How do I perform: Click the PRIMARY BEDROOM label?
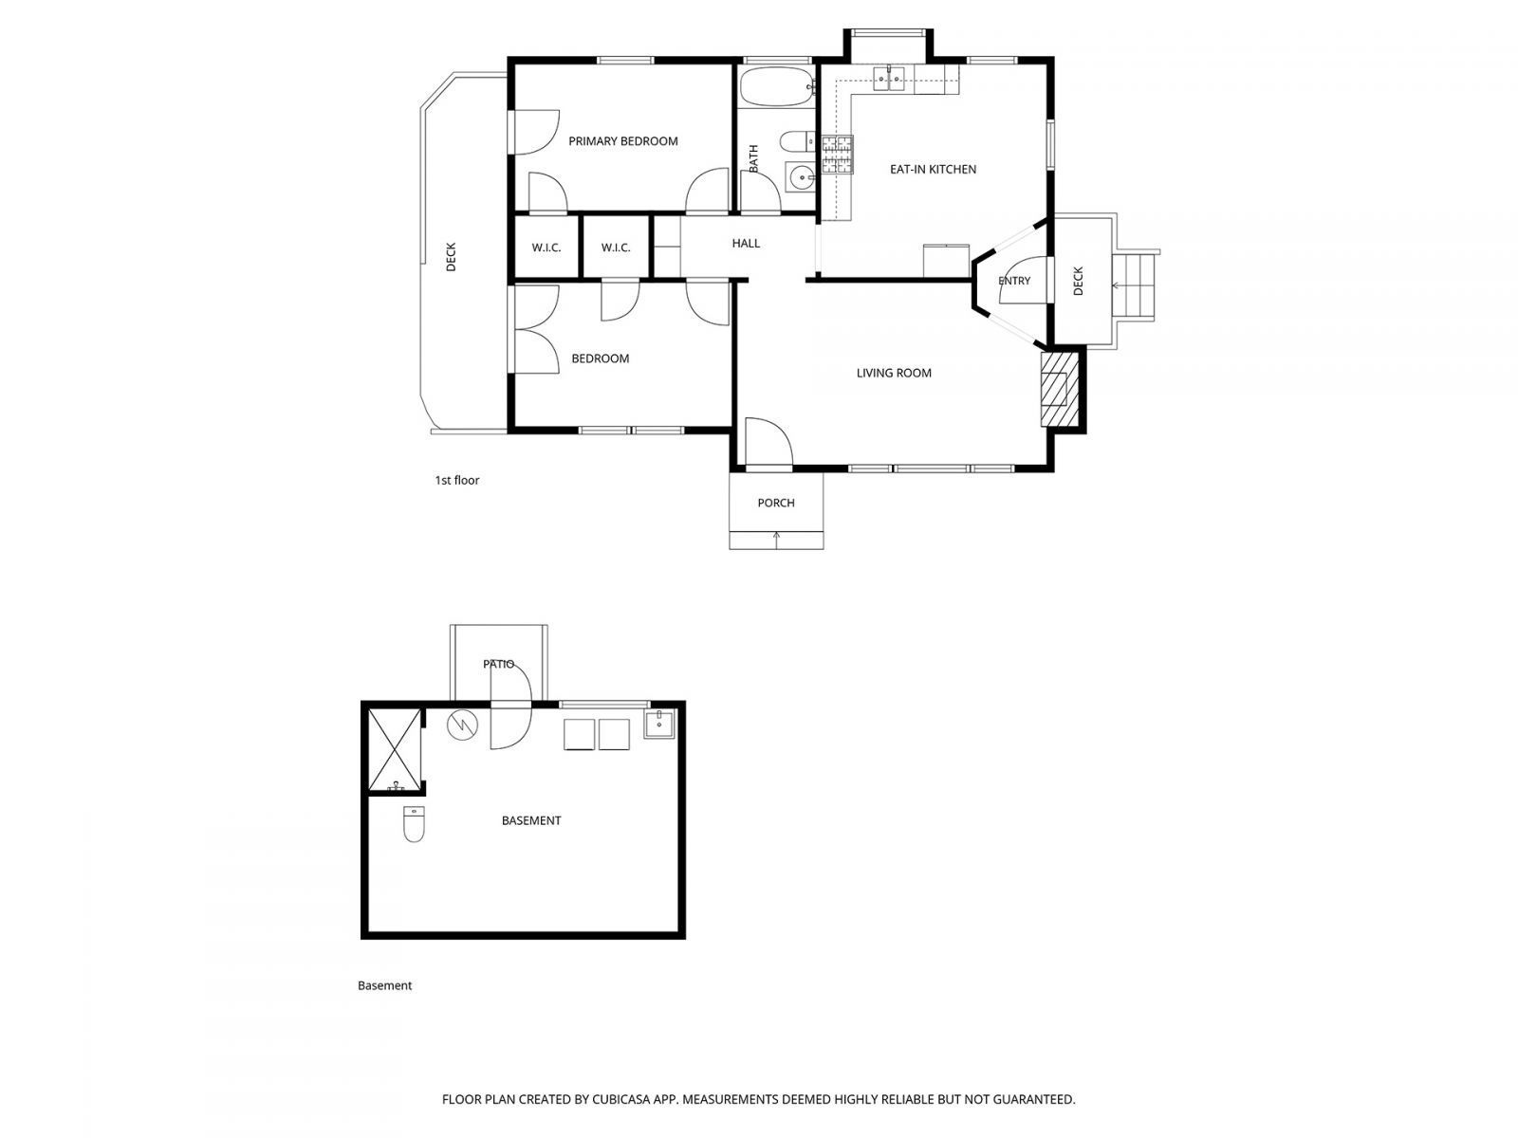coord(622,141)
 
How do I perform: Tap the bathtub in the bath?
coord(776,87)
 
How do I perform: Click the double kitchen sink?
coord(890,79)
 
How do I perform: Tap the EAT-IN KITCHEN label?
coord(933,170)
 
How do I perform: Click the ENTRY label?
coord(1014,281)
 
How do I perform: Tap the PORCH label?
coord(776,503)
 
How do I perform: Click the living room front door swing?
coord(767,444)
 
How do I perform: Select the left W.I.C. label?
coord(546,248)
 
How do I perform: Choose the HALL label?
coord(746,244)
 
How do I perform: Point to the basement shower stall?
coord(393,749)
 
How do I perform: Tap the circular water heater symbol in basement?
coord(461,725)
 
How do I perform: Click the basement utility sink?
coord(659,725)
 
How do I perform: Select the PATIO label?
coord(498,664)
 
